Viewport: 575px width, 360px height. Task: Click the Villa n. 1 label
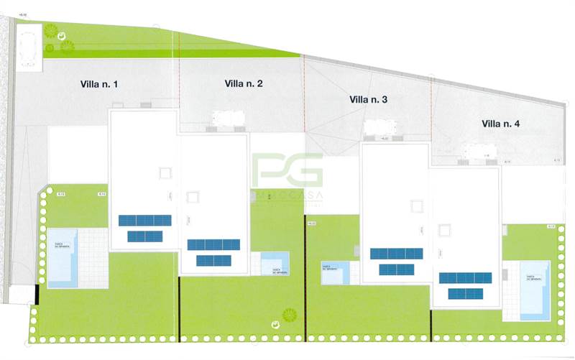(99, 85)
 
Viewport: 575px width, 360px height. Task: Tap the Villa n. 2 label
(244, 84)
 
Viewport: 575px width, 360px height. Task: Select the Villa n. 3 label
(368, 100)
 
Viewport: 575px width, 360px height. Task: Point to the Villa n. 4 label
(500, 124)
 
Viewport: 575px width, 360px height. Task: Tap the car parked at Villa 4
(475, 152)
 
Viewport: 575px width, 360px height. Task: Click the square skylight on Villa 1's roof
(165, 172)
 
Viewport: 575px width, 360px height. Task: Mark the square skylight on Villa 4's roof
(446, 229)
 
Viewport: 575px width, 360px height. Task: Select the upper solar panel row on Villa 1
(145, 221)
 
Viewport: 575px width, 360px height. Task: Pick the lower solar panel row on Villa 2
(213, 260)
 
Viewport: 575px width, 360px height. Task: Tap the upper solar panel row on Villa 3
(396, 254)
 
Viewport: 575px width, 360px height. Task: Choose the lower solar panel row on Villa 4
(465, 292)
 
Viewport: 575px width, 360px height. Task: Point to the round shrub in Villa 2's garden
(290, 314)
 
